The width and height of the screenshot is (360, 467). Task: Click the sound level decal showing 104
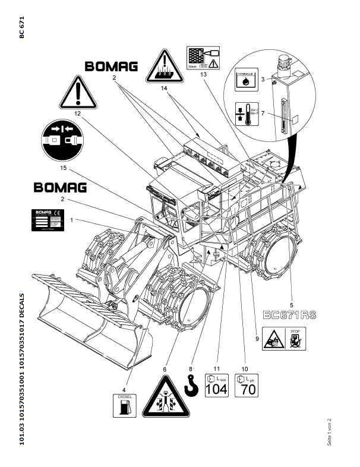click(216, 386)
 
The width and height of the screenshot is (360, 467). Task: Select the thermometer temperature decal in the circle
click(245, 113)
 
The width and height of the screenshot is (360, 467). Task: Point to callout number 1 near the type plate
click(72, 220)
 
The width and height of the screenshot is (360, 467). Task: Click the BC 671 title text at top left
click(22, 29)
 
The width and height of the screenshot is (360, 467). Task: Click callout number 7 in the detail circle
click(262, 113)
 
